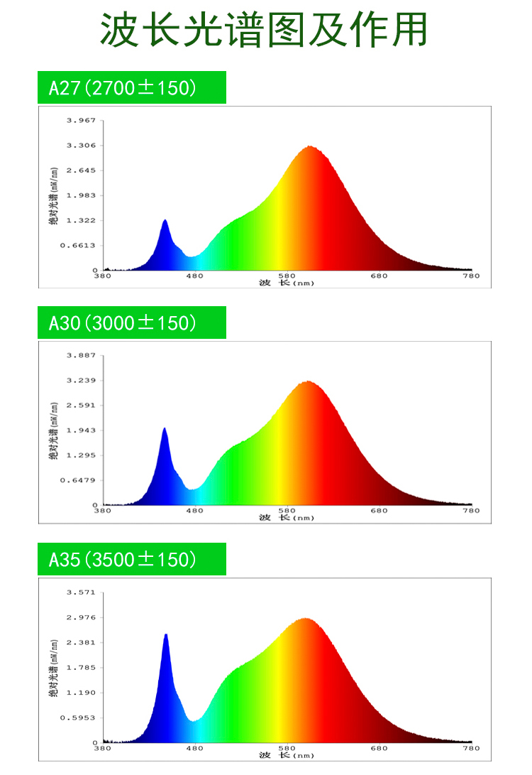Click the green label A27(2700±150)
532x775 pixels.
(132, 88)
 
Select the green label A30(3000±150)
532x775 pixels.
(132, 323)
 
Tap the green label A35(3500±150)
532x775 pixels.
(132, 560)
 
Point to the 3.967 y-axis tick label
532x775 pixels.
(81, 121)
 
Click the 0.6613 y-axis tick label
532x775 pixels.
(79, 246)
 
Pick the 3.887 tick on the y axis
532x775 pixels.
(81, 355)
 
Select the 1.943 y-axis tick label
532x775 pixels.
(81, 430)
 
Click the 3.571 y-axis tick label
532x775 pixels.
(81, 592)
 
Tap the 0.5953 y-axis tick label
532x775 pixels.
(79, 717)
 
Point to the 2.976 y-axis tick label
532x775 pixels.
(81, 617)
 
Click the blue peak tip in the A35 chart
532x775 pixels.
(166, 634)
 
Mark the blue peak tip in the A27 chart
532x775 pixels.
(165, 221)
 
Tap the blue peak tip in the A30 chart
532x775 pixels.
(165, 428)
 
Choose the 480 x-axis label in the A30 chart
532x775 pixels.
(194, 511)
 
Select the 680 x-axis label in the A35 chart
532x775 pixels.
(379, 748)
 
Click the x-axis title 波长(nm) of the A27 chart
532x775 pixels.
(286, 283)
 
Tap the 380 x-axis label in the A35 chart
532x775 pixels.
(103, 748)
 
